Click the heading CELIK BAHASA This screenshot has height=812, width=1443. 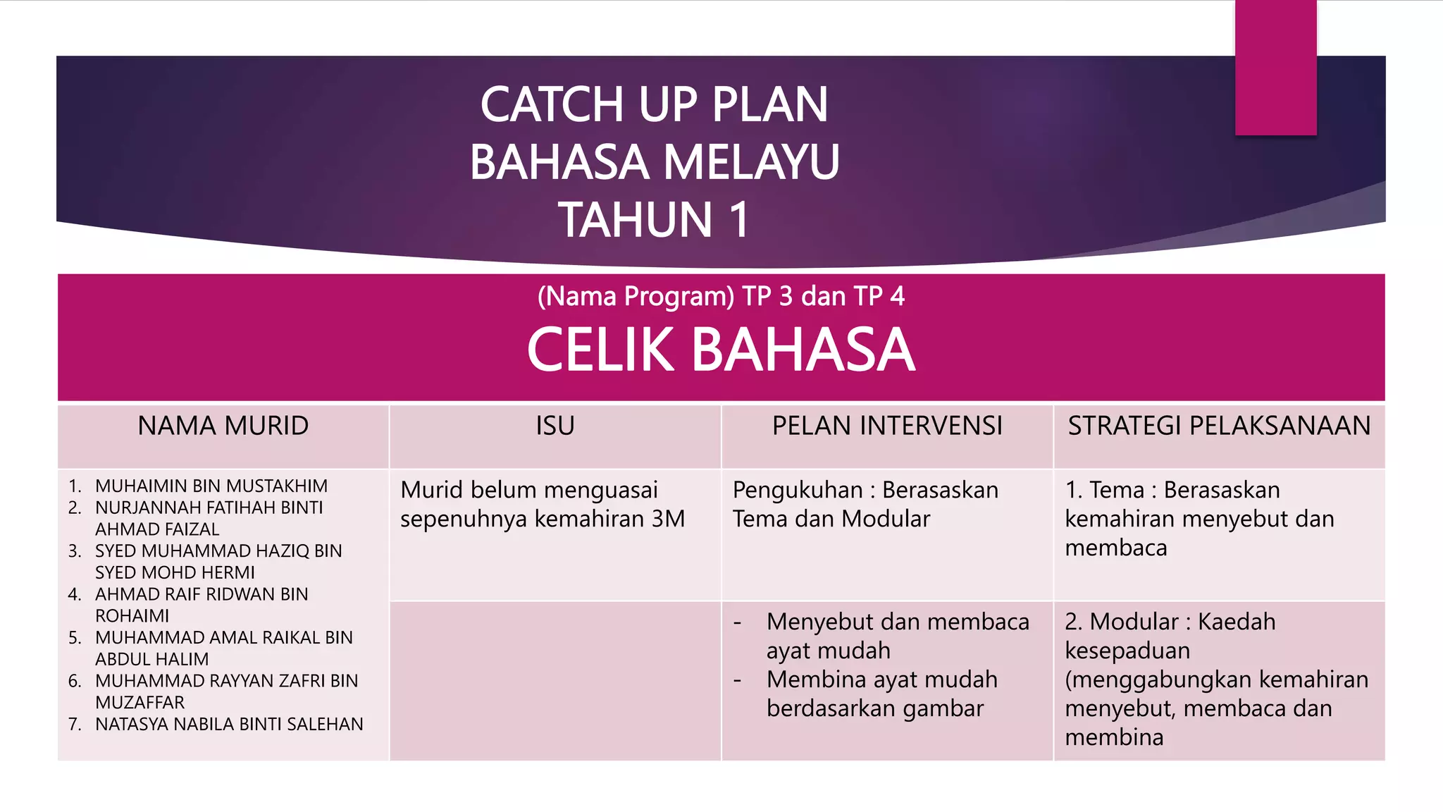(x=721, y=350)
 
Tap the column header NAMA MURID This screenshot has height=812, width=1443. (x=223, y=426)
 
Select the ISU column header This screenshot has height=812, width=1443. (x=555, y=426)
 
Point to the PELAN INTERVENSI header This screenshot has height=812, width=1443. (x=887, y=426)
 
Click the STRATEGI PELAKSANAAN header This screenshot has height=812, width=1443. (x=1219, y=426)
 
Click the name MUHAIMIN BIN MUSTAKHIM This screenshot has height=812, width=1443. (x=211, y=486)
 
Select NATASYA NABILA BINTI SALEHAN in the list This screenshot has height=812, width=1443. (x=229, y=724)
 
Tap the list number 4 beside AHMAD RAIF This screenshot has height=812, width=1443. (x=75, y=594)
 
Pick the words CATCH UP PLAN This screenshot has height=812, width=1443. (x=654, y=104)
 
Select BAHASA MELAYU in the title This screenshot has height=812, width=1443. (x=655, y=161)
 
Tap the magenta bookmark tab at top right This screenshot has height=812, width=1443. (x=1275, y=67)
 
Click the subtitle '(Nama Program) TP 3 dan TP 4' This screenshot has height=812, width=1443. (x=721, y=296)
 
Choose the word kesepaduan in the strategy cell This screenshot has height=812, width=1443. (x=1127, y=651)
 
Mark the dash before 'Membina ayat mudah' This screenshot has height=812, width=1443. (x=738, y=681)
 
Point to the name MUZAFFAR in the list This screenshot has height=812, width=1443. (x=140, y=702)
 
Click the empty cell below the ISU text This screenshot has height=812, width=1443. (x=555, y=680)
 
